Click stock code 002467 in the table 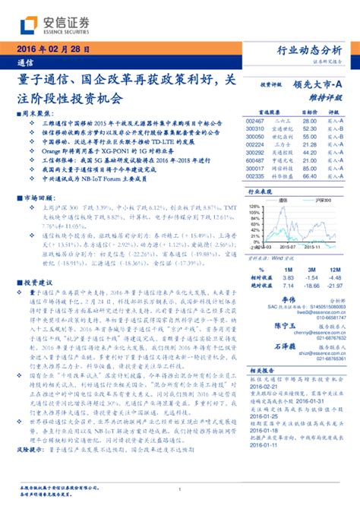[254, 121]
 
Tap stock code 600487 [254, 160]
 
